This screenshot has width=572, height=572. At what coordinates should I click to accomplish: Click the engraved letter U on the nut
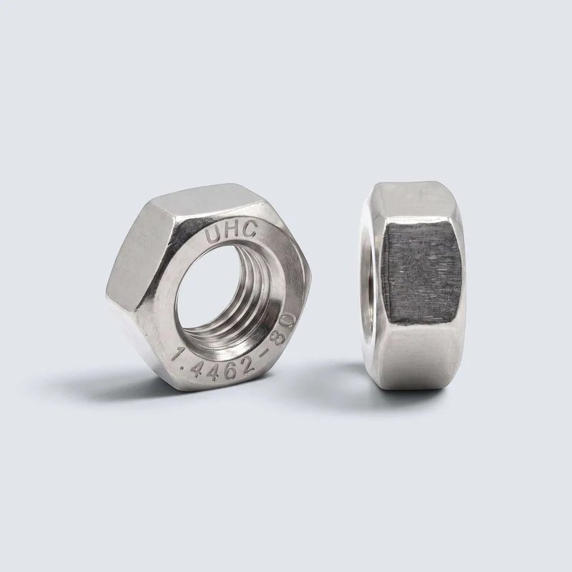(213, 235)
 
